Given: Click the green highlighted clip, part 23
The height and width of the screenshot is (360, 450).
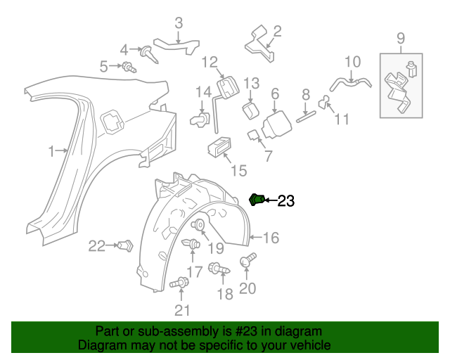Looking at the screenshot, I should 257,200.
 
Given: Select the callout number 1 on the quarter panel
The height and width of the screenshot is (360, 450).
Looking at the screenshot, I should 51,150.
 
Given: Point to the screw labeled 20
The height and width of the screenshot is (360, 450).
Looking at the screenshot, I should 245,262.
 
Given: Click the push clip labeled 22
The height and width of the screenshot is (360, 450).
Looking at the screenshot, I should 127,246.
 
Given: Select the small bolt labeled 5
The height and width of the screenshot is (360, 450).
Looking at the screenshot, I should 129,67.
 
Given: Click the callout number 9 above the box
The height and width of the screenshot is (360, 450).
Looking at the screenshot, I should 401,37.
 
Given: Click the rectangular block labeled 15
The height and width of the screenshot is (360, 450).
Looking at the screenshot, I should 219,148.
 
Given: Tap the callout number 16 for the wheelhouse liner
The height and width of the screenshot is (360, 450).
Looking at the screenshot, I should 271,238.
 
